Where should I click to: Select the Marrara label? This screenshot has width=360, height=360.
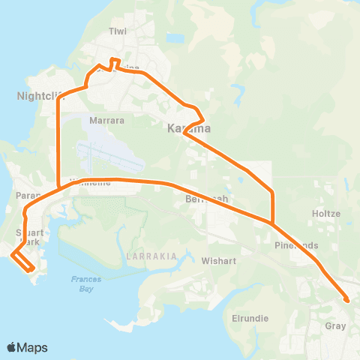click(106, 119)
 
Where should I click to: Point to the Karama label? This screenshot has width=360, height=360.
click(187, 129)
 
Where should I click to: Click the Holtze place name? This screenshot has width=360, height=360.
click(326, 214)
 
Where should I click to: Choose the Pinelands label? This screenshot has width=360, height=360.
click(296, 245)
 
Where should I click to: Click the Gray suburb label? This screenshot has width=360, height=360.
click(335, 326)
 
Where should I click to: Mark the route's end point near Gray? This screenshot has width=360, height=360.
click(346, 301)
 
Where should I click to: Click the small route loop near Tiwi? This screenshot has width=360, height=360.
click(115, 62)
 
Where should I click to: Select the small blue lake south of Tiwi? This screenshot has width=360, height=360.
click(175, 37)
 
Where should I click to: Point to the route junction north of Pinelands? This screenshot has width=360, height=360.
click(272, 222)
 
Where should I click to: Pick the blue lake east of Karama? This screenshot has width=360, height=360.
click(238, 94)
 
